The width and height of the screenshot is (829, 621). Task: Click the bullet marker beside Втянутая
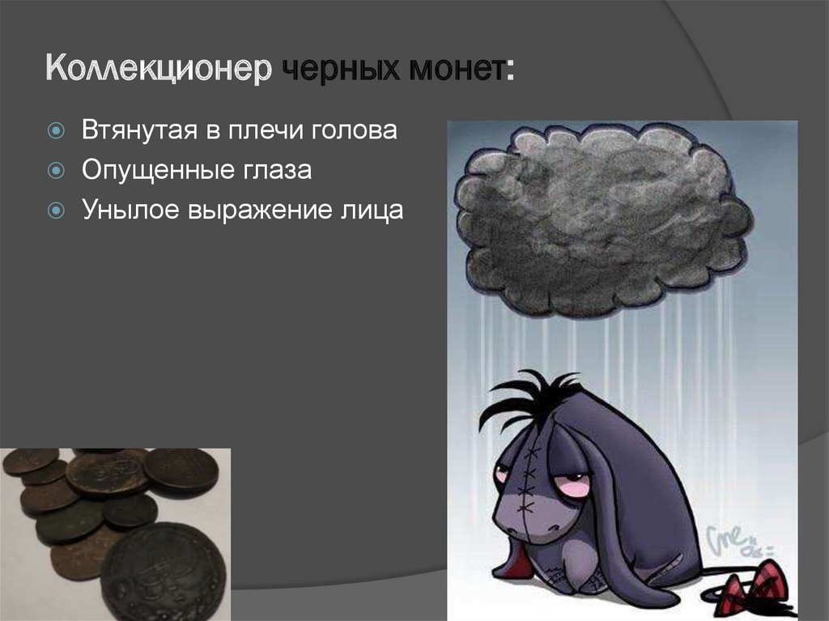click(x=55, y=131)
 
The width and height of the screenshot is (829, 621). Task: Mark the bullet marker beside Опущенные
click(x=55, y=171)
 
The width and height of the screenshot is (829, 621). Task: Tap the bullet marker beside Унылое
click(x=55, y=211)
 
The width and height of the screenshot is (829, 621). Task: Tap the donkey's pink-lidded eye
click(x=573, y=486)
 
